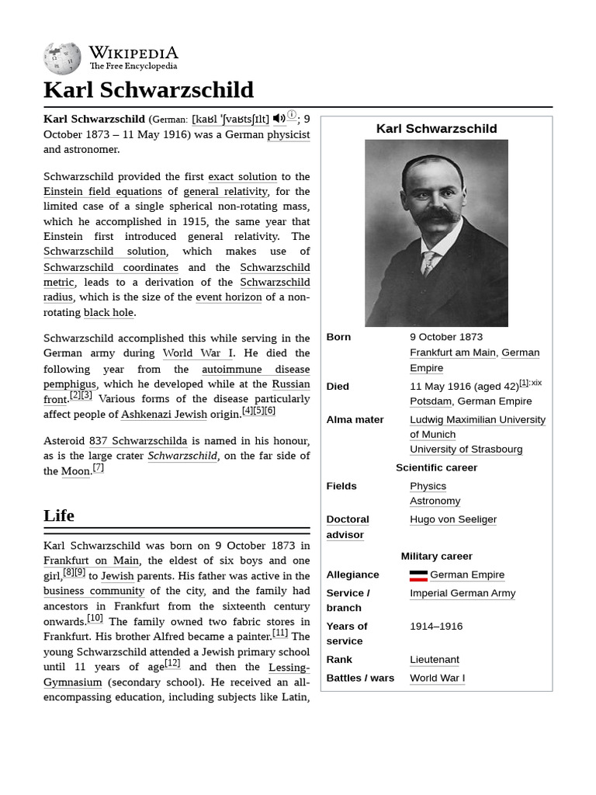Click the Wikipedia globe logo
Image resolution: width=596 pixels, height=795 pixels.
click(x=62, y=57)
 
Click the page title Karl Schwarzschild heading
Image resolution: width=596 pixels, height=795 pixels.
click(x=148, y=89)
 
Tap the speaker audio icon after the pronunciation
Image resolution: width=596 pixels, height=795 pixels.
click(x=279, y=119)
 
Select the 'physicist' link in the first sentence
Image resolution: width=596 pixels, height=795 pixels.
click(x=288, y=134)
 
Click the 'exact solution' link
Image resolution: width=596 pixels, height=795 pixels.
click(x=242, y=176)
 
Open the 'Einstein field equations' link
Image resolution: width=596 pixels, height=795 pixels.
click(x=102, y=192)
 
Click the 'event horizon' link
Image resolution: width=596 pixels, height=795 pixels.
click(x=228, y=297)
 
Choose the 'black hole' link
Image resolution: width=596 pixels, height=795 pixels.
click(x=109, y=312)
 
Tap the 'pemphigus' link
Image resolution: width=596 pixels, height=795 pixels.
click(x=70, y=384)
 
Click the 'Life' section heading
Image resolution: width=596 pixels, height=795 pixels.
click(x=59, y=516)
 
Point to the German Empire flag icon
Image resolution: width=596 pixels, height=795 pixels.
click(x=418, y=575)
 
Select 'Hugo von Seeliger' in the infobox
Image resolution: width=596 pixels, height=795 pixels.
click(x=453, y=519)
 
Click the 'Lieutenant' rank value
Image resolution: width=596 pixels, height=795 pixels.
click(x=435, y=659)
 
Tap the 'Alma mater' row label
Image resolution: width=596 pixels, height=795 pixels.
click(x=355, y=419)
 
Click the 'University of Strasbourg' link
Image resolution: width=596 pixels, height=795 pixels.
click(x=466, y=450)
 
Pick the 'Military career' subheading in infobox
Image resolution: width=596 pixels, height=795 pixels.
click(x=436, y=556)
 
